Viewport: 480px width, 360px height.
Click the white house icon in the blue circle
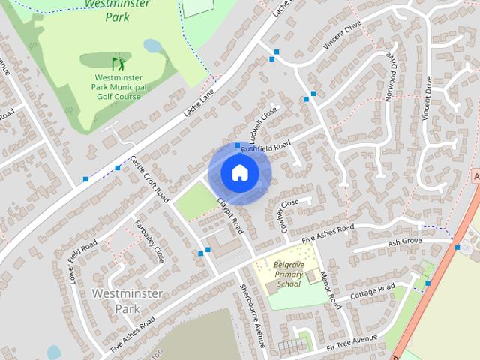pyautogui.click(x=239, y=173)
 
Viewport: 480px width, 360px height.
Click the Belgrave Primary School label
pyautogui.click(x=288, y=274)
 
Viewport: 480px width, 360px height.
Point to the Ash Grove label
pyautogui.click(x=404, y=242)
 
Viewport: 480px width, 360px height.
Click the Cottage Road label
pyautogui.click(x=373, y=291)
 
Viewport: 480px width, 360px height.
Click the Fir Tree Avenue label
pyautogui.click(x=352, y=339)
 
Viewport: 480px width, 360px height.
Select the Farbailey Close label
pyautogui.click(x=148, y=240)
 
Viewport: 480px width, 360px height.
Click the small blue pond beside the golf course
pyautogui.click(x=152, y=46)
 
